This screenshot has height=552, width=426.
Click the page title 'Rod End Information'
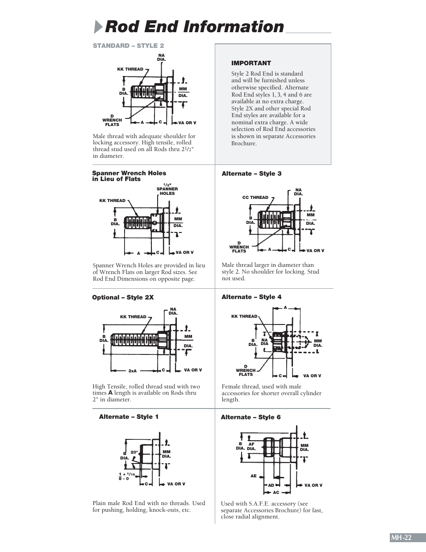coord(194,27)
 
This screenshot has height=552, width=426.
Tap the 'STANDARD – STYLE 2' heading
coord(128,46)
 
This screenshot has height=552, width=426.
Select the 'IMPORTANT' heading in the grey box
coord(251,63)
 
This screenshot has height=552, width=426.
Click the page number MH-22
coord(401,538)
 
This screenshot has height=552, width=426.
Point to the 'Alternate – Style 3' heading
coord(251,173)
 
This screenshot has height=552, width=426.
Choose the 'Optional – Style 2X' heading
coord(123,297)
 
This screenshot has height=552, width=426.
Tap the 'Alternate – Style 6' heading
coord(251,417)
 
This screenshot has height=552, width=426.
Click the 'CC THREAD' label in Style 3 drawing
coord(255,197)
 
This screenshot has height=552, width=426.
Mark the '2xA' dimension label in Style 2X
coord(133,371)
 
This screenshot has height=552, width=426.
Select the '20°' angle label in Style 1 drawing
coord(134,452)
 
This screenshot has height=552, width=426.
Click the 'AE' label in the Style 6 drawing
coord(253,476)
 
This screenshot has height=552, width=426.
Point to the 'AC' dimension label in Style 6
coord(276,492)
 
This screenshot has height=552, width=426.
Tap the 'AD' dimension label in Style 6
coord(271,485)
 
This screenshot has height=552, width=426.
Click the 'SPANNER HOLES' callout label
coord(167,191)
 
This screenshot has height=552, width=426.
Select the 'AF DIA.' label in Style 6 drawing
coord(251,446)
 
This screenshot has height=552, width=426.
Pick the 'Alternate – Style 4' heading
coord(251,297)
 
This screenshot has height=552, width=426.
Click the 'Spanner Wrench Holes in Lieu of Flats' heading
coord(129,176)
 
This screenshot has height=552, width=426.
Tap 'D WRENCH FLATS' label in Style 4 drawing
coord(246,370)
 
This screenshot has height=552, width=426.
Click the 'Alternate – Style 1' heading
coord(129,417)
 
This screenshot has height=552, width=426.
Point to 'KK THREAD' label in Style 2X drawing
coord(133,316)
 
